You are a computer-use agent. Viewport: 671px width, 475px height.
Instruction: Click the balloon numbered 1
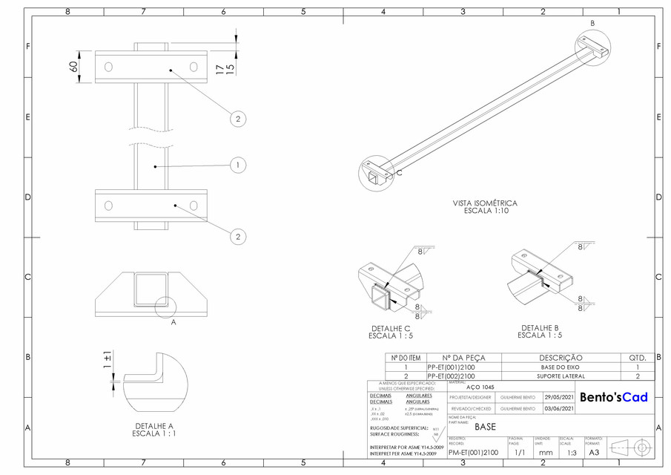click(x=237, y=166)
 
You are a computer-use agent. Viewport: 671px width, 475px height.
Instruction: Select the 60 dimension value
click(x=74, y=67)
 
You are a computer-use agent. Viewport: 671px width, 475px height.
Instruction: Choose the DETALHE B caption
click(x=541, y=331)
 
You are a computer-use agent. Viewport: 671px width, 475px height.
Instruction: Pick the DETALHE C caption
click(x=390, y=332)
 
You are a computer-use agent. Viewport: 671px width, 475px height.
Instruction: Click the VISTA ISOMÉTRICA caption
click(x=485, y=206)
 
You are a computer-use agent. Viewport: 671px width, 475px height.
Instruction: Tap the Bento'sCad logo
click(x=613, y=397)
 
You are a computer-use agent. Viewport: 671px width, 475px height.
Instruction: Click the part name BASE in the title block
click(x=485, y=427)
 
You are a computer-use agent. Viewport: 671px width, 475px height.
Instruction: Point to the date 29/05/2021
click(x=559, y=397)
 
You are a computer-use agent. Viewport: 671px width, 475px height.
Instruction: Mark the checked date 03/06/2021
click(x=559, y=408)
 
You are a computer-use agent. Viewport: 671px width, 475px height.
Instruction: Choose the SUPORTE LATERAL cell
click(x=561, y=376)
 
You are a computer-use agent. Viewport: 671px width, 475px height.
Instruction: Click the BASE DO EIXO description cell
click(x=561, y=367)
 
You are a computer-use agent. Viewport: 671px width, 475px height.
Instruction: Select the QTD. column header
click(x=638, y=357)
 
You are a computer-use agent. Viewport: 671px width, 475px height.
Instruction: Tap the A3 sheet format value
click(x=593, y=452)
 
